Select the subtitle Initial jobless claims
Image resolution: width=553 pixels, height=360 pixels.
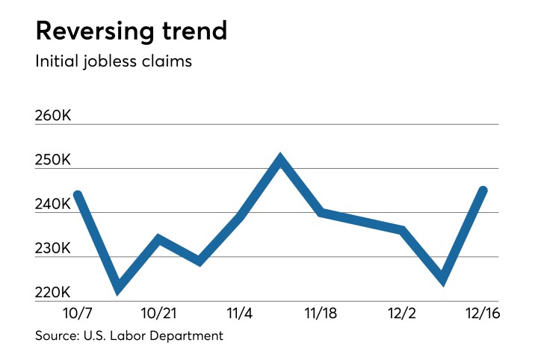click(114, 61)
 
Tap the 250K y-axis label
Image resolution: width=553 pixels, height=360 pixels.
click(54, 160)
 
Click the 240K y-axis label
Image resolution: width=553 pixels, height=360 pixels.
click(54, 204)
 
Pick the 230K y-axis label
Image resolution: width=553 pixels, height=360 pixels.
click(54, 248)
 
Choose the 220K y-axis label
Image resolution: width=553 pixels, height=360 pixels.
click(54, 292)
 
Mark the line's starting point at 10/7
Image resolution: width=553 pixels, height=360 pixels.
click(78, 195)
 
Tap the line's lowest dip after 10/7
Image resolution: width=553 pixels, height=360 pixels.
click(117, 289)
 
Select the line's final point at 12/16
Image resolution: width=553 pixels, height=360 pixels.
click(484, 190)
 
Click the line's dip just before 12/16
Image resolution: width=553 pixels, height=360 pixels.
click(443, 281)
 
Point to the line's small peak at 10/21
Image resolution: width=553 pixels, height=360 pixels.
click(158, 239)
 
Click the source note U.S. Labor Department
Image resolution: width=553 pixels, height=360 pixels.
click(129, 335)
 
